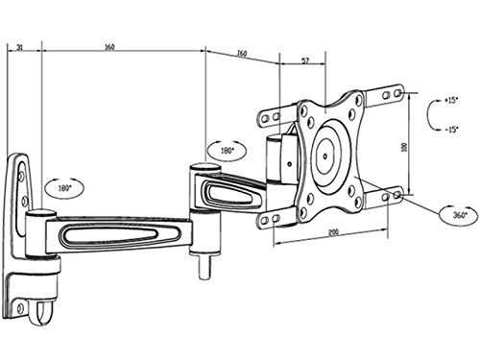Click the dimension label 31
pos(20,44)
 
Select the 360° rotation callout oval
pos(458,214)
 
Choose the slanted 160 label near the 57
pos(241,54)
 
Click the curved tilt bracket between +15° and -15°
pos(430,114)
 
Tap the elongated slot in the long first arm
pos(108,233)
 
